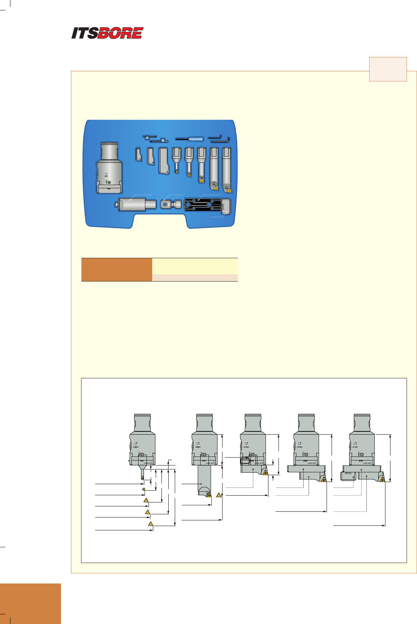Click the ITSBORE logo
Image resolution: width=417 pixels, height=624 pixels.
[x=107, y=33]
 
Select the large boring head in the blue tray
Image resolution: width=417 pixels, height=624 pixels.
[x=109, y=169]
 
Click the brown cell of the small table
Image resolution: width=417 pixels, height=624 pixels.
[x=117, y=269]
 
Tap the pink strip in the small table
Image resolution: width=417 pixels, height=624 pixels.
[x=195, y=278]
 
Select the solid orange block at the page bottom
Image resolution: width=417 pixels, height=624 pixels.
[x=31, y=603]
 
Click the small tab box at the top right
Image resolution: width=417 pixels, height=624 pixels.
[x=388, y=69]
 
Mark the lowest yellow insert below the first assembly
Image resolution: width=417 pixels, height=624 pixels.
[x=151, y=524]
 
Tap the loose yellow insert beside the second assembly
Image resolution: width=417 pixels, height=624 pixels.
[x=219, y=495]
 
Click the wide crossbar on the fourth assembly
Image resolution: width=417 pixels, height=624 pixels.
[x=306, y=469]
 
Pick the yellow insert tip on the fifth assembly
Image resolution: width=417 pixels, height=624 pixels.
[x=383, y=479]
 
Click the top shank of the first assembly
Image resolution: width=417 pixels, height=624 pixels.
[x=142, y=423]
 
